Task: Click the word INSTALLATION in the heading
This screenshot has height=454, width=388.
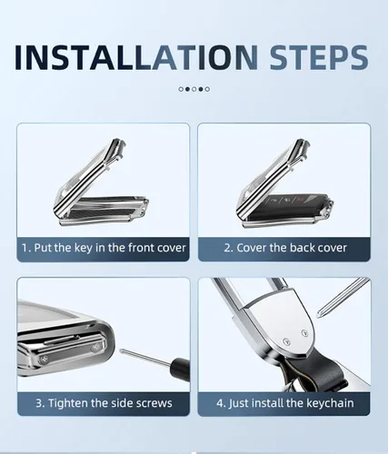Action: (136, 57)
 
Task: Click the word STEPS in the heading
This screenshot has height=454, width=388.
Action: (319, 57)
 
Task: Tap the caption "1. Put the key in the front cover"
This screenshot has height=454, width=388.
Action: (104, 248)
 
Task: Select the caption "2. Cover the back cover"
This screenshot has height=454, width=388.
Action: (285, 248)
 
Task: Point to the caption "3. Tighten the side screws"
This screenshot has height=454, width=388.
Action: (104, 403)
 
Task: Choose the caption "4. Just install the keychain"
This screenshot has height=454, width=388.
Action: (285, 403)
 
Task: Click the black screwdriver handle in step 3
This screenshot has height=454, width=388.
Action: (181, 367)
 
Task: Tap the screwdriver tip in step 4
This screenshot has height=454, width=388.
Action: (319, 315)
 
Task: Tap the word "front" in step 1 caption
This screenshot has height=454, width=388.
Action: (142, 248)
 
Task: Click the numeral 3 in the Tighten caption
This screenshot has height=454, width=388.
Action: (39, 403)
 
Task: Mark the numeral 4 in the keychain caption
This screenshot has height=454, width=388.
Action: (220, 403)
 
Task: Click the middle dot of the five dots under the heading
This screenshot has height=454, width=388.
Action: (194, 89)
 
